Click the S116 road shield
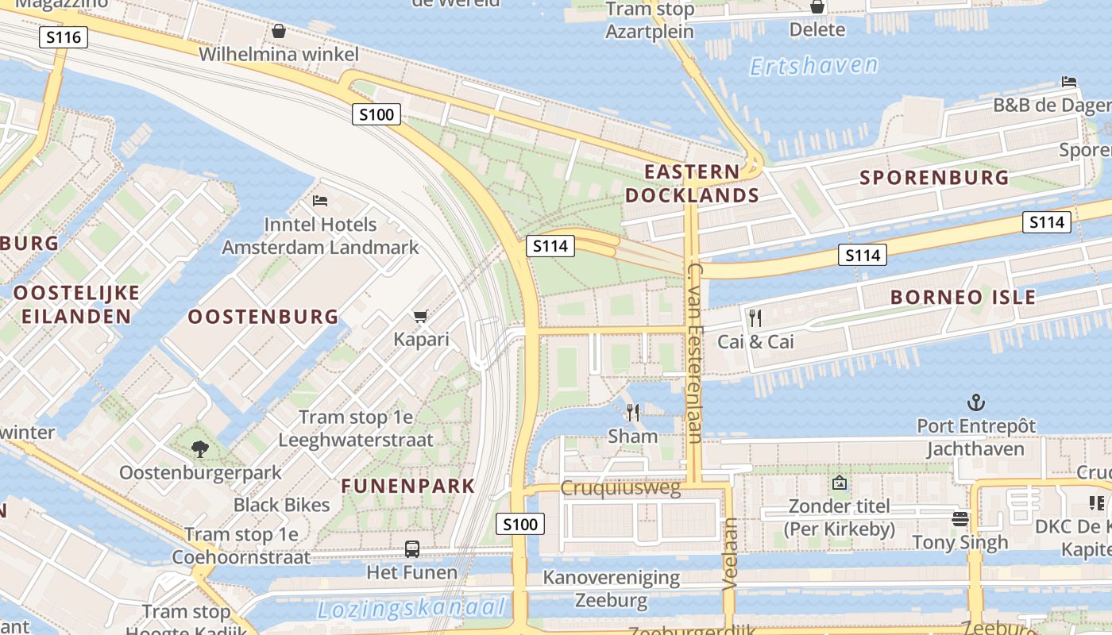[63, 37]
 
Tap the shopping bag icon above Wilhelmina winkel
[279, 31]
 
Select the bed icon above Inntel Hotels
[320, 201]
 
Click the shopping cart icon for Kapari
[421, 316]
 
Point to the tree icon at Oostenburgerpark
[199, 449]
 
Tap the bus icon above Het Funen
[412, 548]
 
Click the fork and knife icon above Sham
[633, 413]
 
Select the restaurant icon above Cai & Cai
[755, 318]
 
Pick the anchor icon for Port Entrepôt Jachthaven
[975, 402]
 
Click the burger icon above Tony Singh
[960, 519]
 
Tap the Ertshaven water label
[814, 65]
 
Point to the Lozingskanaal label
[411, 609]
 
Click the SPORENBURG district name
[934, 177]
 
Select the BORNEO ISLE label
[963, 298]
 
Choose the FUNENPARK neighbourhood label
[408, 486]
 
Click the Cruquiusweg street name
[620, 488]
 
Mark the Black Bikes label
[281, 505]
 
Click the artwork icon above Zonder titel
[839, 483]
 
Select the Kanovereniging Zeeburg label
[611, 588]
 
